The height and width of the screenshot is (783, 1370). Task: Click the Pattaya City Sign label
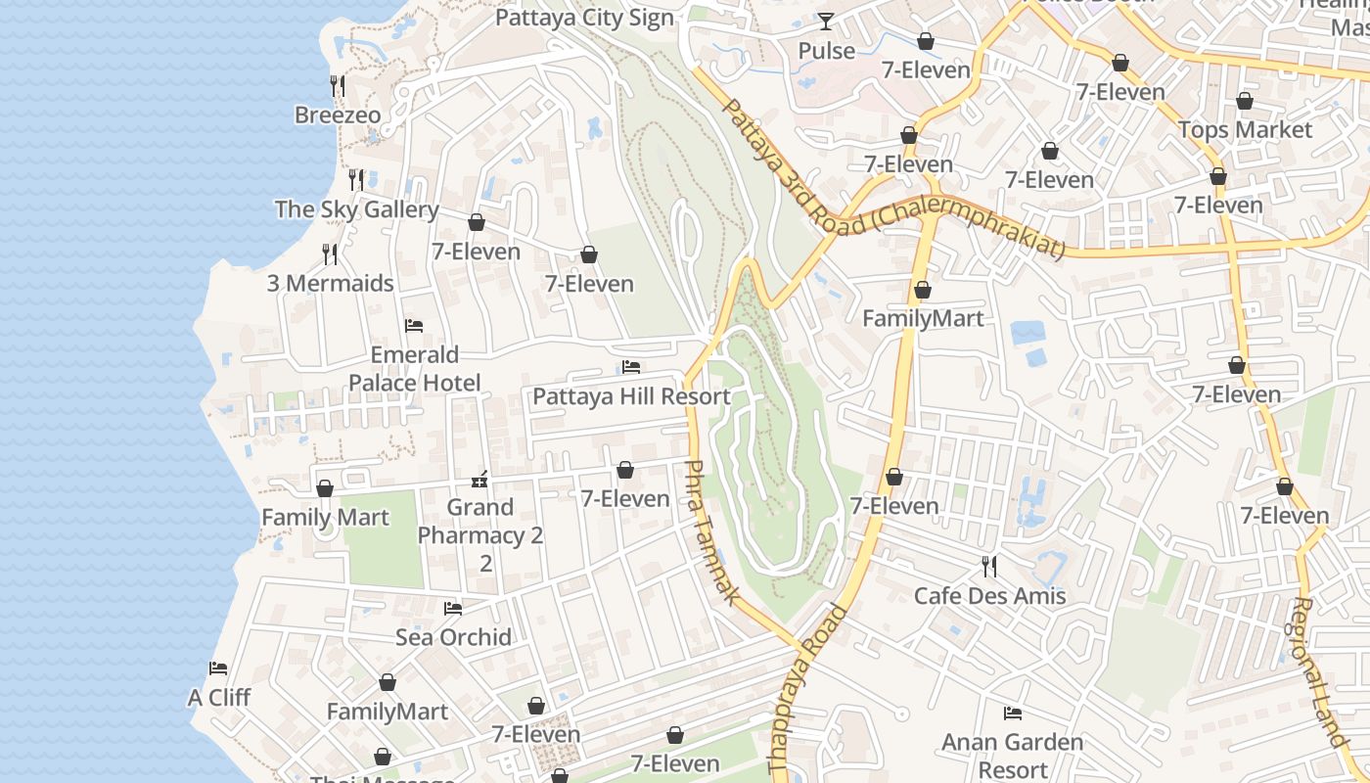(584, 18)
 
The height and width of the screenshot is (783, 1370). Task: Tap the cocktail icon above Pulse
(827, 21)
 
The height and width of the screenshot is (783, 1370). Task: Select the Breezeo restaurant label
(338, 115)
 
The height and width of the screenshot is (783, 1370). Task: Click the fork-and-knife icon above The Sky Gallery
(356, 179)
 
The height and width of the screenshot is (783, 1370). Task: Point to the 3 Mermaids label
(331, 284)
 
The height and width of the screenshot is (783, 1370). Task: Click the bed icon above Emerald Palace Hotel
(414, 325)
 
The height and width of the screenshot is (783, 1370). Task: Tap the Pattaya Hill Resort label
(631, 396)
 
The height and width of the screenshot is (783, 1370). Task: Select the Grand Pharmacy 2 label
(479, 534)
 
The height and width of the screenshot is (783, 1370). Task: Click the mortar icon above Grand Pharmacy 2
(479, 479)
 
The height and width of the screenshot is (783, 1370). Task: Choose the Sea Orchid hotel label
(453, 637)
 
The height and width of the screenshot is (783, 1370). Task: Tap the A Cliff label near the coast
(219, 698)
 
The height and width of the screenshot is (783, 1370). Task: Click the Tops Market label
(1245, 129)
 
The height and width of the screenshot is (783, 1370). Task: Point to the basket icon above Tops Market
(1245, 101)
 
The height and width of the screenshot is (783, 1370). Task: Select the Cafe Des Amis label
(989, 595)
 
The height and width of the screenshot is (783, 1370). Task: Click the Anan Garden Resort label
(1013, 756)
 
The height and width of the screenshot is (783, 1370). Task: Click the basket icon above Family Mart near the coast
(325, 487)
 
